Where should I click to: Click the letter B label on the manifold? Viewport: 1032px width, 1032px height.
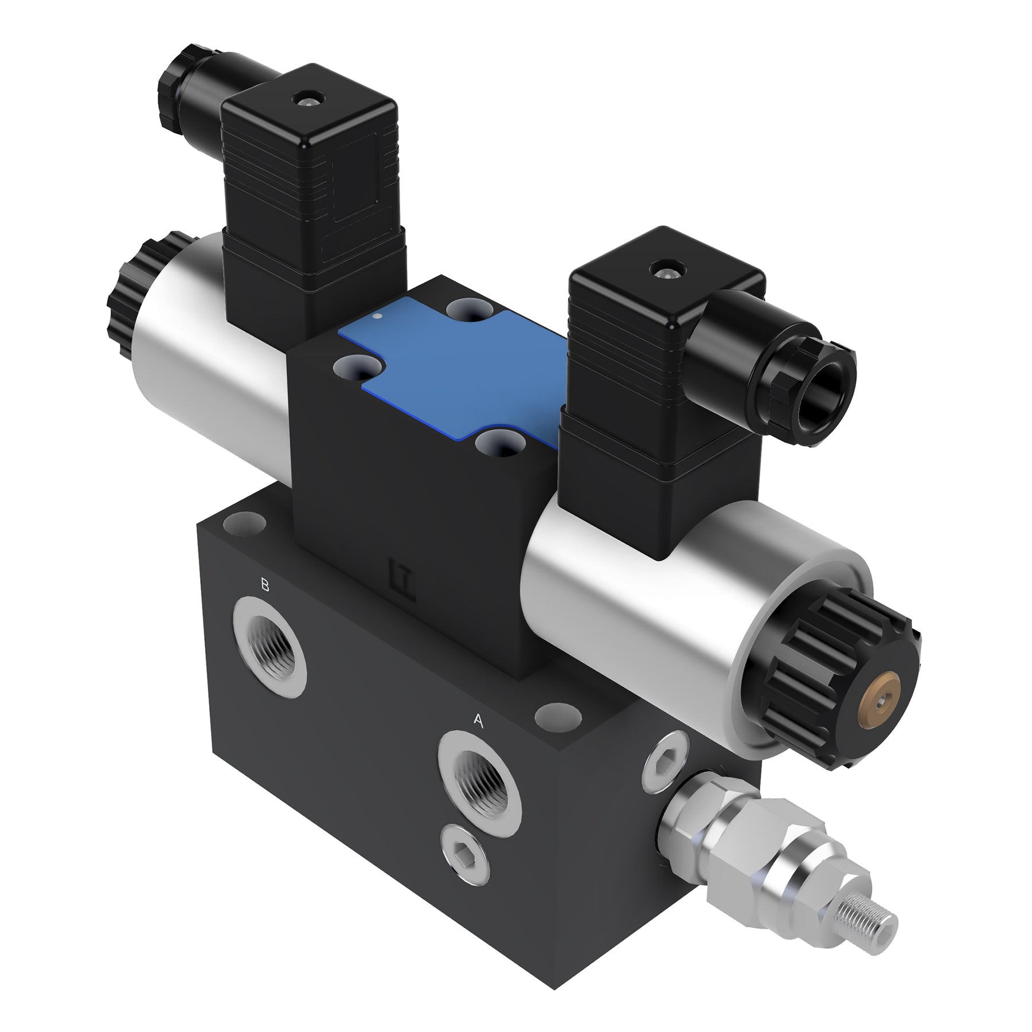pyautogui.click(x=264, y=585)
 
